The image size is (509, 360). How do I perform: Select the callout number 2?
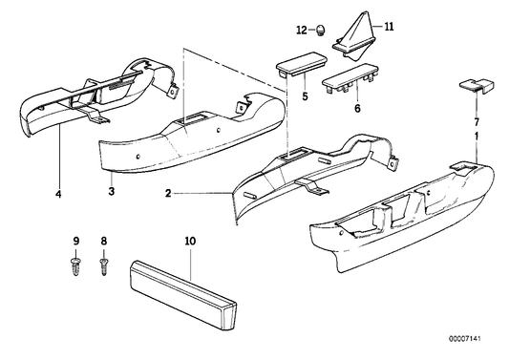(168, 193)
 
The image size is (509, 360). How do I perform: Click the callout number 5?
(305, 95)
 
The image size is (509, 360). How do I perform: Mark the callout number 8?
(104, 244)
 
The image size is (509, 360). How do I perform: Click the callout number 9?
(74, 244)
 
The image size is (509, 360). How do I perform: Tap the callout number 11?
(388, 29)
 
